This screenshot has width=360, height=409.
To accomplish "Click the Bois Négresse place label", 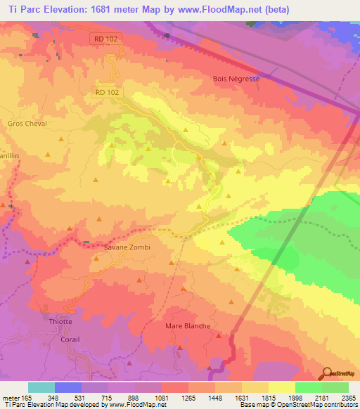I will click(x=236, y=79).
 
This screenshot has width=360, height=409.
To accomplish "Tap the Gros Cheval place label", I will click(x=27, y=124).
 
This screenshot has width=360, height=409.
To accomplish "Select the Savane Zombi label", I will click(x=127, y=247).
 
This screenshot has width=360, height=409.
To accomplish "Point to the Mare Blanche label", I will click(x=188, y=326).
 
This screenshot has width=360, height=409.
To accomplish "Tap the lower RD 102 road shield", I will click(x=106, y=91).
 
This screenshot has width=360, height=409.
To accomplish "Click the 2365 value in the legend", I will click(x=347, y=397).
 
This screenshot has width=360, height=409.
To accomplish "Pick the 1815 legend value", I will click(x=267, y=397).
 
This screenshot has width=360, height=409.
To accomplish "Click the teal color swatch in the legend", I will click(x=41, y=387).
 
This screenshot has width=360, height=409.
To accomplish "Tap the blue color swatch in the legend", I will click(x=67, y=387).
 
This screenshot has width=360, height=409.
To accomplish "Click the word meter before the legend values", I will click(x=12, y=397).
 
